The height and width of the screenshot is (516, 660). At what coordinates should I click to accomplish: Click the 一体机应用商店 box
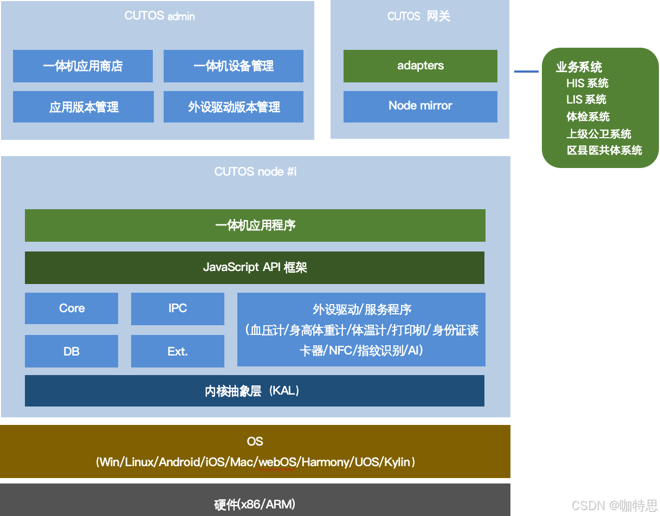click(x=83, y=66)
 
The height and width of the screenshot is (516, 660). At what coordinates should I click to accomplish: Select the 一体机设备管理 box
click(x=234, y=66)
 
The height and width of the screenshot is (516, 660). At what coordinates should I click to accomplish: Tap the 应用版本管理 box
click(x=83, y=107)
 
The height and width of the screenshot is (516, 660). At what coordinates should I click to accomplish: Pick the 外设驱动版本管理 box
click(x=234, y=107)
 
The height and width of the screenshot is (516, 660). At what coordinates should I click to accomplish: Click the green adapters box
click(x=420, y=66)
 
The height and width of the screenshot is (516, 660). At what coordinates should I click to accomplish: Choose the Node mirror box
click(x=420, y=106)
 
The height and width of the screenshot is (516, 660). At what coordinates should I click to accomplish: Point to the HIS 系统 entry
click(x=587, y=83)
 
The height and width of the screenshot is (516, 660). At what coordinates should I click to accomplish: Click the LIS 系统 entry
click(x=586, y=100)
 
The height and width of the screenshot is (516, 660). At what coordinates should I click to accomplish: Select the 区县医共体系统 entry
click(x=604, y=150)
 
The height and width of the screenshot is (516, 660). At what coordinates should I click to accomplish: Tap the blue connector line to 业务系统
click(x=526, y=72)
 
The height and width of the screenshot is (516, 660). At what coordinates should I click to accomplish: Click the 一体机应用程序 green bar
click(x=255, y=225)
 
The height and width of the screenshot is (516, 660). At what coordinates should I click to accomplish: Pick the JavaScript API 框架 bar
click(x=255, y=267)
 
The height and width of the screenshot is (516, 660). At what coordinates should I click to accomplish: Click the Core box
click(x=72, y=308)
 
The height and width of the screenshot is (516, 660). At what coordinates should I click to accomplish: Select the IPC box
click(x=178, y=308)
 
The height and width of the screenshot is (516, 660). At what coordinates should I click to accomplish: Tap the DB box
click(x=72, y=351)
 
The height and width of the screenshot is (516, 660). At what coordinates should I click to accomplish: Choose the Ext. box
click(x=178, y=351)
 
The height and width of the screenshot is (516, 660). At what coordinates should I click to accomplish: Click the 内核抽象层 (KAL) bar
click(x=255, y=391)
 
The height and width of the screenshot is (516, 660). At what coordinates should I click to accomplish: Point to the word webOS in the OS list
click(x=278, y=462)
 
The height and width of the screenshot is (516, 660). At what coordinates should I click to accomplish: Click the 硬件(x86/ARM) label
click(x=255, y=505)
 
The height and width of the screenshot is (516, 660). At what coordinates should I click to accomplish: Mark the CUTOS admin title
click(x=159, y=16)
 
